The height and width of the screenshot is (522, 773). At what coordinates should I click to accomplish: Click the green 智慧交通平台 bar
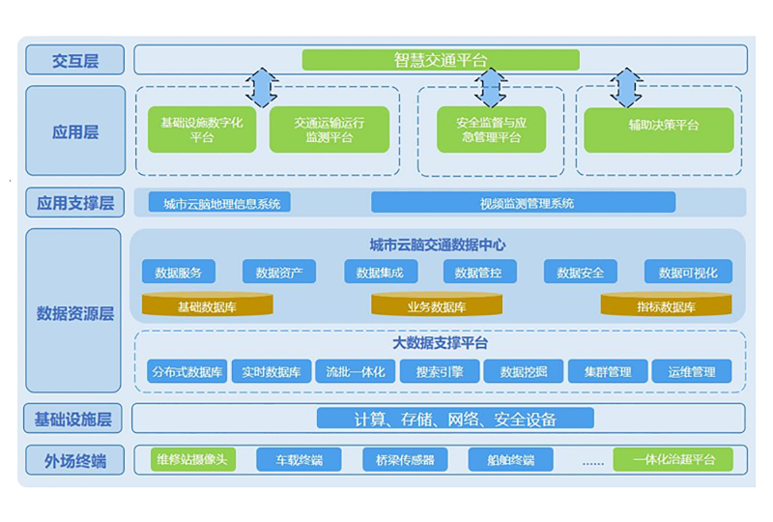(x=441, y=60)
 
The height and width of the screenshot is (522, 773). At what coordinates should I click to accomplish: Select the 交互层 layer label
(x=75, y=60)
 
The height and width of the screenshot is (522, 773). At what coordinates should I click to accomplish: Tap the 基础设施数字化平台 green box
(x=202, y=130)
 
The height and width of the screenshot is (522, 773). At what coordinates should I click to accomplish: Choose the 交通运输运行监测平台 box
(x=329, y=130)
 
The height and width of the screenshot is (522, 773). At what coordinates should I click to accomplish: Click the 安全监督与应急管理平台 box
(x=491, y=130)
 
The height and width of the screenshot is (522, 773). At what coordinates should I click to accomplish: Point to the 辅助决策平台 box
(x=659, y=130)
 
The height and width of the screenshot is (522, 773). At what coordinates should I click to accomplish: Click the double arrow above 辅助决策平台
(x=625, y=87)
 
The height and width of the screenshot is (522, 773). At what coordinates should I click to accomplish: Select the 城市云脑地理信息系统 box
(x=219, y=202)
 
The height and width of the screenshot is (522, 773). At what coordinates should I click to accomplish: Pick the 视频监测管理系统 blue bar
(x=523, y=202)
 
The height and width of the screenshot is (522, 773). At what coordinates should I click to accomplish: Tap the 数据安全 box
(x=581, y=272)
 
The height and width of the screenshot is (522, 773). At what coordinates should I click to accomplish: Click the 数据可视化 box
(x=688, y=272)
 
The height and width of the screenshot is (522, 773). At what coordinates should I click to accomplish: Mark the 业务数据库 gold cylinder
(x=437, y=304)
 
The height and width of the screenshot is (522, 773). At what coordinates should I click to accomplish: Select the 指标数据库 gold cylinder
(x=666, y=304)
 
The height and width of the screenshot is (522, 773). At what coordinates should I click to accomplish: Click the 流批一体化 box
(x=355, y=371)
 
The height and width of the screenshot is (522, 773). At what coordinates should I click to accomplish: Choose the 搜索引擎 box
(x=440, y=371)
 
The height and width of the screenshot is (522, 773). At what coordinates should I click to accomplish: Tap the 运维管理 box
(x=692, y=371)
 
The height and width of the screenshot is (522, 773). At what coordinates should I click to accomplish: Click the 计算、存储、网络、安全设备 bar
(x=455, y=419)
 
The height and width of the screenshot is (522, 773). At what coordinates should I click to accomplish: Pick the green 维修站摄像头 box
(x=192, y=459)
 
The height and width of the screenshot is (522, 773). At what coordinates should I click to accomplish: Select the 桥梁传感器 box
(x=405, y=459)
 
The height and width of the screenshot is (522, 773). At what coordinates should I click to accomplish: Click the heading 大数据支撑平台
(x=440, y=343)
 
